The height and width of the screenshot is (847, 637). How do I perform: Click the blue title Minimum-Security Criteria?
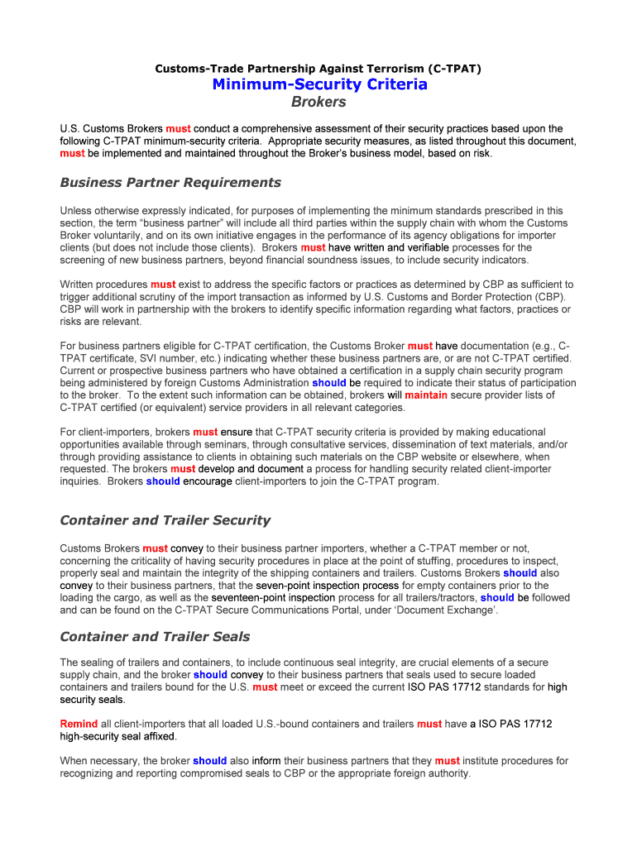click(x=318, y=84)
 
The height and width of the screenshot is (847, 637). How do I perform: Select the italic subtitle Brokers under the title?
click(x=318, y=103)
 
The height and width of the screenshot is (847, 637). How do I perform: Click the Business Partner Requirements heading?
click(x=170, y=182)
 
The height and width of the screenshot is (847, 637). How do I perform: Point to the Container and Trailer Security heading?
click(x=165, y=520)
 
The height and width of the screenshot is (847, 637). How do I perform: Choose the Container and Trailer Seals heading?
click(x=155, y=637)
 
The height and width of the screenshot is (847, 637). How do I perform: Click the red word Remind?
click(x=79, y=724)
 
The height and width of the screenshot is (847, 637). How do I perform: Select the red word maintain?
click(x=426, y=395)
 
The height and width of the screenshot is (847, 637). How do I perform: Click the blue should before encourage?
click(x=163, y=481)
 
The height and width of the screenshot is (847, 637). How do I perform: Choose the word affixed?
click(x=153, y=735)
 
